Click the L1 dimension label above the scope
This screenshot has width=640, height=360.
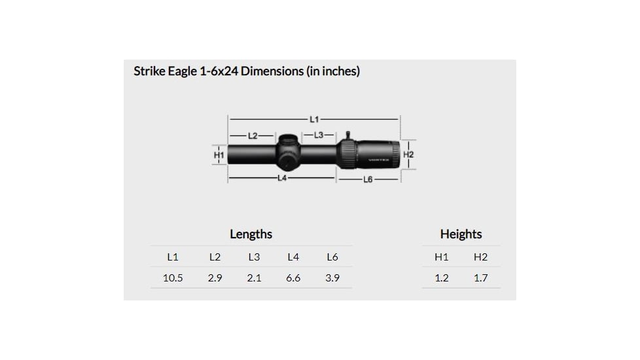313,119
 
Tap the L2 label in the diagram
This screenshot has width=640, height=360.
253,135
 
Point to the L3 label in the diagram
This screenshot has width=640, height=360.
319,135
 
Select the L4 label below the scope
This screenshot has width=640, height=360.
282,178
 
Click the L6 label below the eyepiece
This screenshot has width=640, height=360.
367,179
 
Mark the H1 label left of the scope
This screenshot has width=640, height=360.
219,155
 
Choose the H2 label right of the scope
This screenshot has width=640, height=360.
409,154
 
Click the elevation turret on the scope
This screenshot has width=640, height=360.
288,142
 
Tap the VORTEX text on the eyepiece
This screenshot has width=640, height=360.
379,160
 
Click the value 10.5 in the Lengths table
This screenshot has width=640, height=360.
173,278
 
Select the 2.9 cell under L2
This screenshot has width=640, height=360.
215,278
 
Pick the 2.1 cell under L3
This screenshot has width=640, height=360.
254,278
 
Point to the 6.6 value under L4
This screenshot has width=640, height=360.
293,278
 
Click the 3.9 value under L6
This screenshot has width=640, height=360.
332,278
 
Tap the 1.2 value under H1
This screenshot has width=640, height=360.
442,278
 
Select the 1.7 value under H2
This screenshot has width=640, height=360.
481,278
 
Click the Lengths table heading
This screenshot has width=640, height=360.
251,234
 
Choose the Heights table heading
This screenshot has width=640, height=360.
461,234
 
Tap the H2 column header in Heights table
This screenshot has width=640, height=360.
481,257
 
